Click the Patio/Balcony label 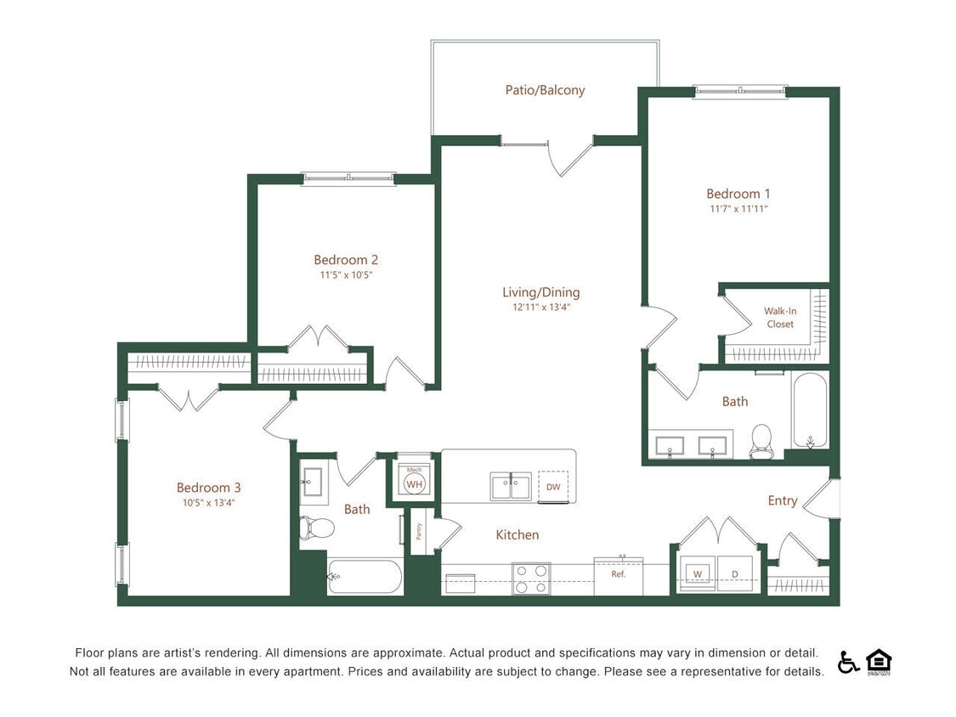pos(545,90)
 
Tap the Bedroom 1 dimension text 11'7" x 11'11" pos(738,208)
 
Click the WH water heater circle pos(414,484)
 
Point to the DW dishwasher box pos(553,487)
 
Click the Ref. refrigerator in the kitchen pos(619,575)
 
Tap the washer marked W pos(697,574)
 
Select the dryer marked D pos(734,574)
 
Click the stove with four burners pos(530,579)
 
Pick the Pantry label pos(418,531)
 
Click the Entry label pos(782,500)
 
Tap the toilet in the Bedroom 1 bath pos(761,441)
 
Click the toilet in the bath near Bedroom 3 pos(317,528)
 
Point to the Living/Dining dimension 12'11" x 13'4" pos(540,308)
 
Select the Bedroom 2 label pos(346,260)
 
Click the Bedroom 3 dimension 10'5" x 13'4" pos(208,502)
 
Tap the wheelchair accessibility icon pos(848,662)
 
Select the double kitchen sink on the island pos(510,487)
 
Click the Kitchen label pos(517,534)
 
